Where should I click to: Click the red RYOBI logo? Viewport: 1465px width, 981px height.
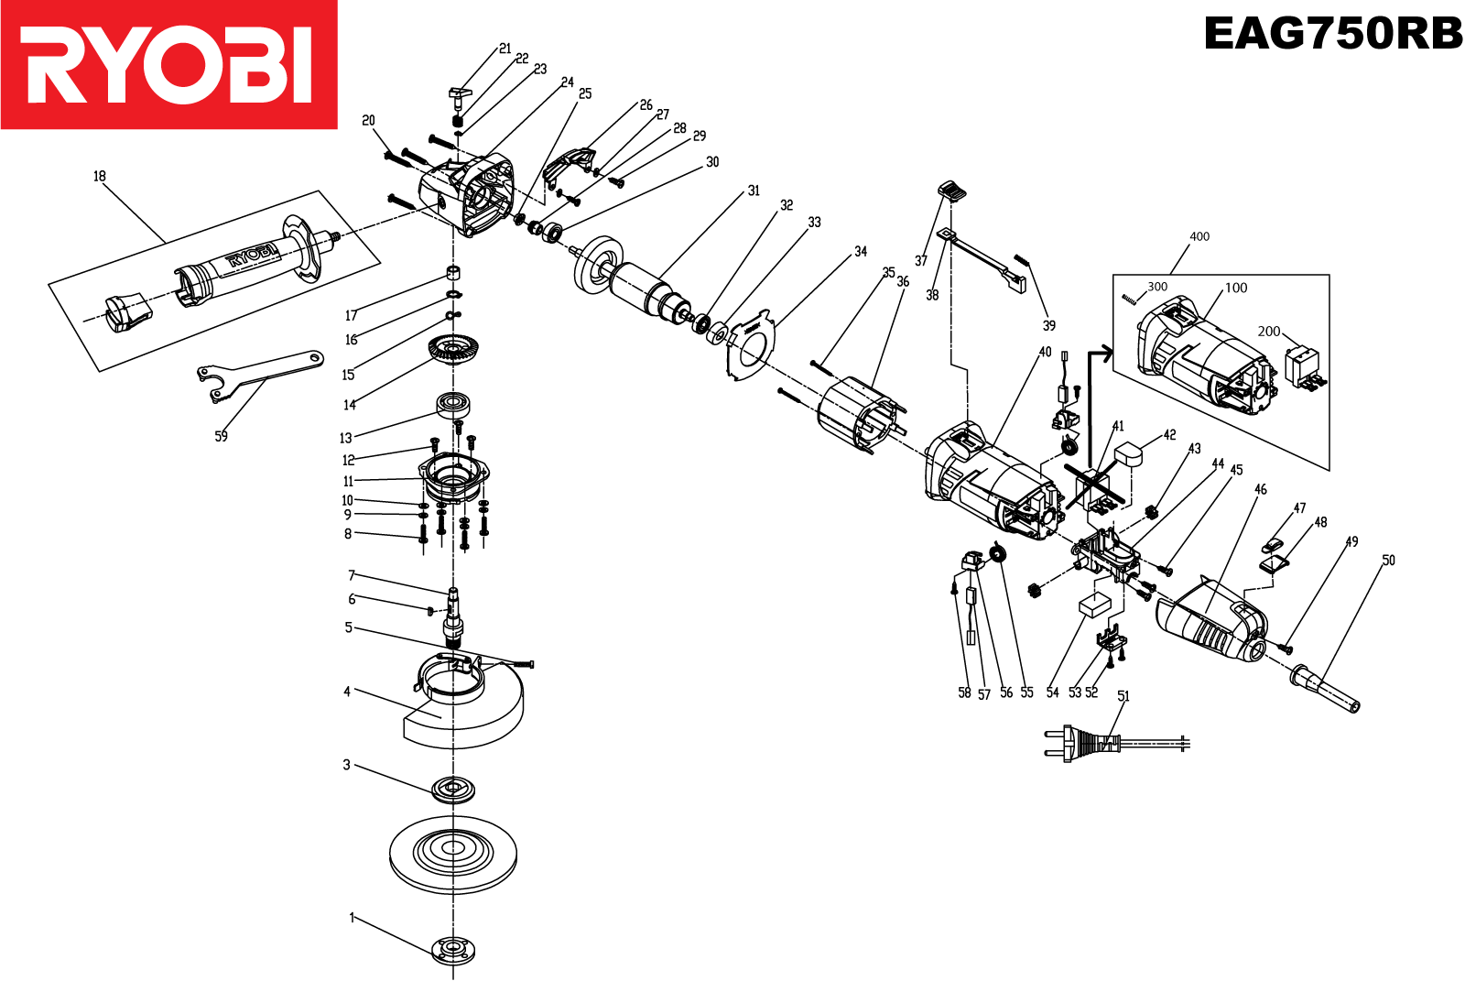coord(169,64)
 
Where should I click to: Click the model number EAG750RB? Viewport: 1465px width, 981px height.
coord(1332,34)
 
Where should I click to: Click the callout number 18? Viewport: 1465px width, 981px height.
coord(99,176)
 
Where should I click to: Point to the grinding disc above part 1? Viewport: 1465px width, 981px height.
coord(453,854)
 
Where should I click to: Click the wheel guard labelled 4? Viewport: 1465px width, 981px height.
coord(467,705)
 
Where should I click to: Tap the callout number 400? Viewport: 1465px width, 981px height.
coord(1199,236)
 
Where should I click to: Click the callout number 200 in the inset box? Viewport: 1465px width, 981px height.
coord(1268,332)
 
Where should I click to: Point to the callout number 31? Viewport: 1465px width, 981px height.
coord(754,191)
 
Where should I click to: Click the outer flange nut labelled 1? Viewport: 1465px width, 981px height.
coord(453,949)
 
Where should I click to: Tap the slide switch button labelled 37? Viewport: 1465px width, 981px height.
coord(952,191)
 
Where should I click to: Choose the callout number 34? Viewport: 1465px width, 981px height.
coord(861,251)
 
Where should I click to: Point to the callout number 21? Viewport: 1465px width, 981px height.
coord(505,49)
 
